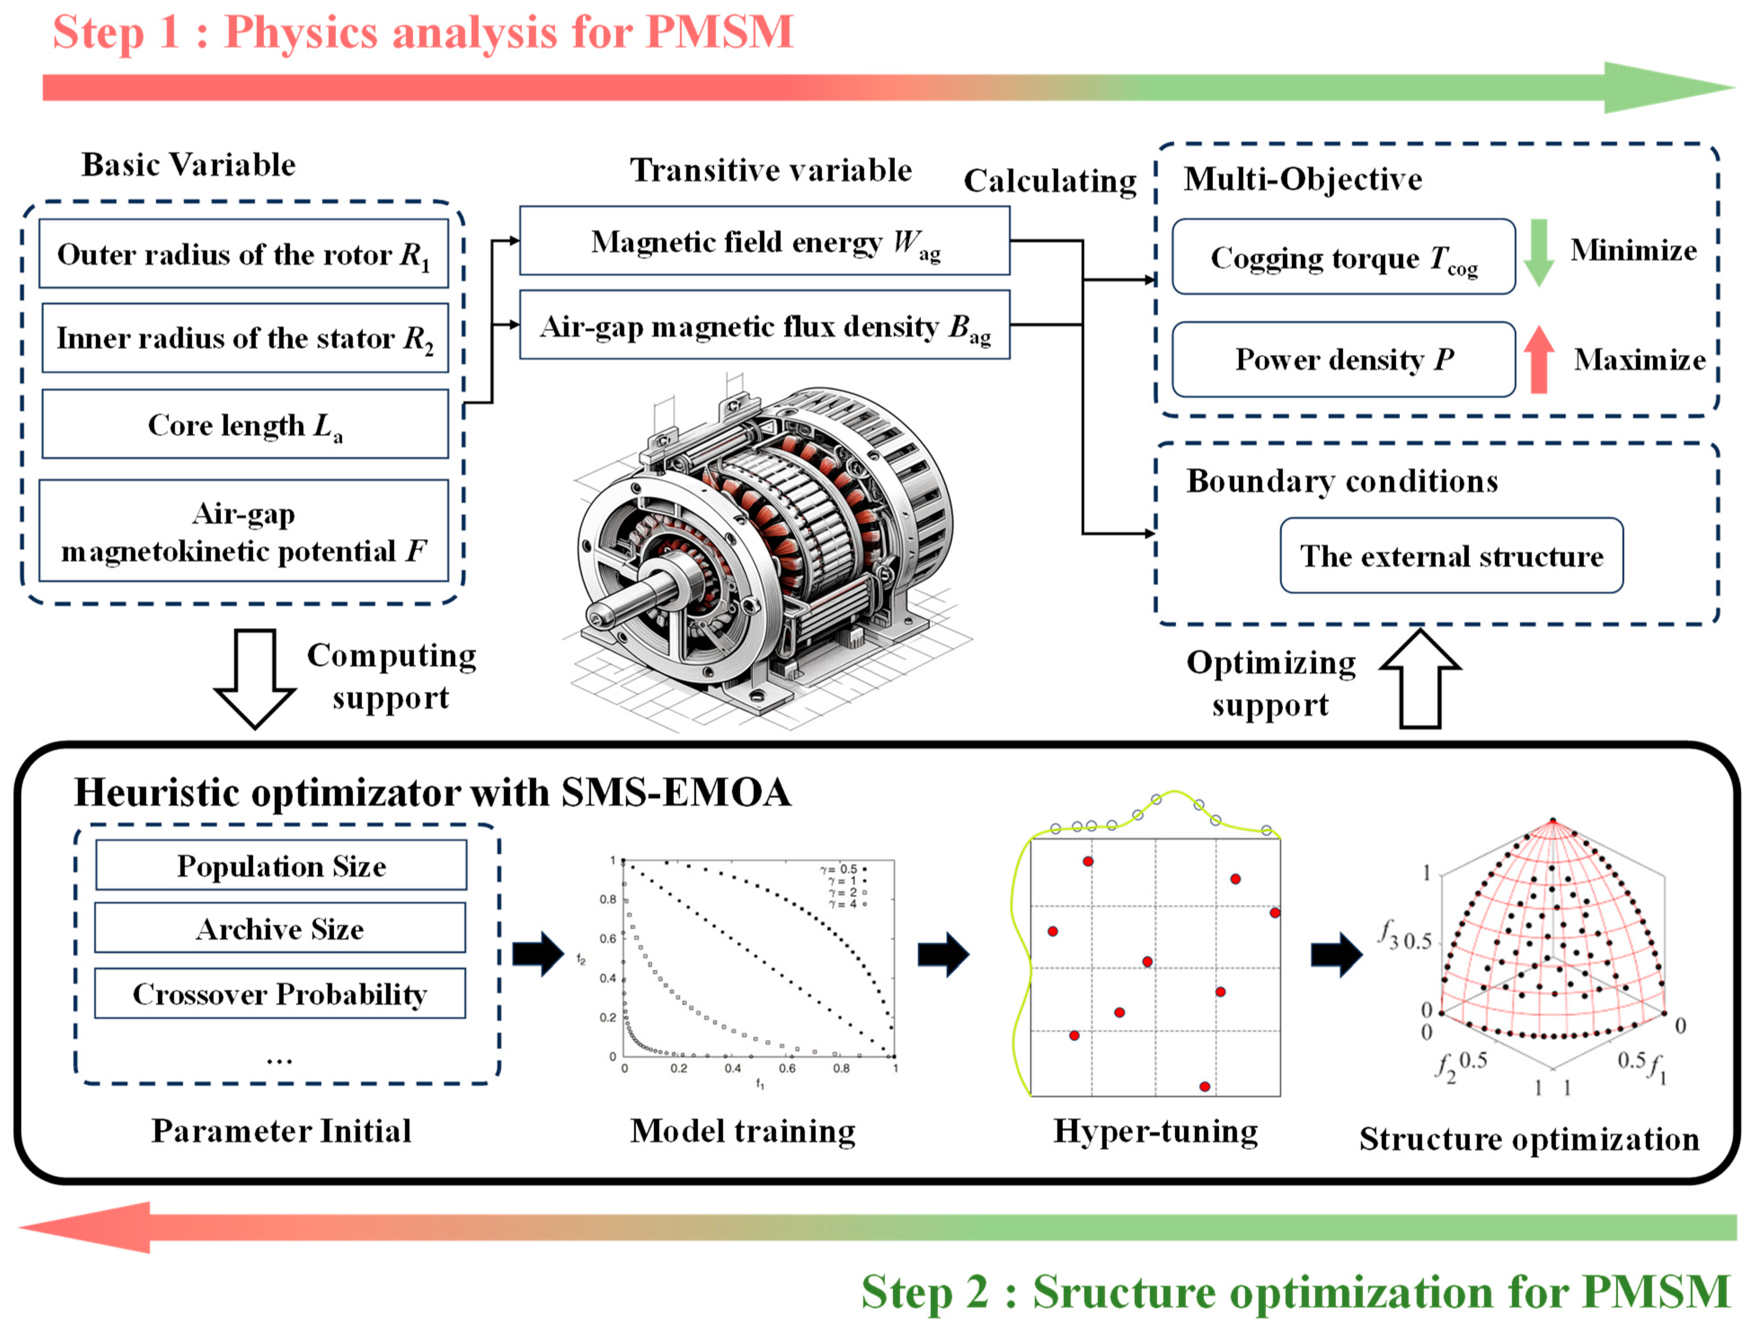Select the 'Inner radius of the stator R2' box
click(245, 338)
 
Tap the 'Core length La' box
click(245, 424)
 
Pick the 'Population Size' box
click(281, 866)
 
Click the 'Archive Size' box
click(280, 928)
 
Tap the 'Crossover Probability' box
click(280, 993)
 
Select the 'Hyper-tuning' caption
click(1155, 1131)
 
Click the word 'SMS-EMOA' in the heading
click(676, 792)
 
